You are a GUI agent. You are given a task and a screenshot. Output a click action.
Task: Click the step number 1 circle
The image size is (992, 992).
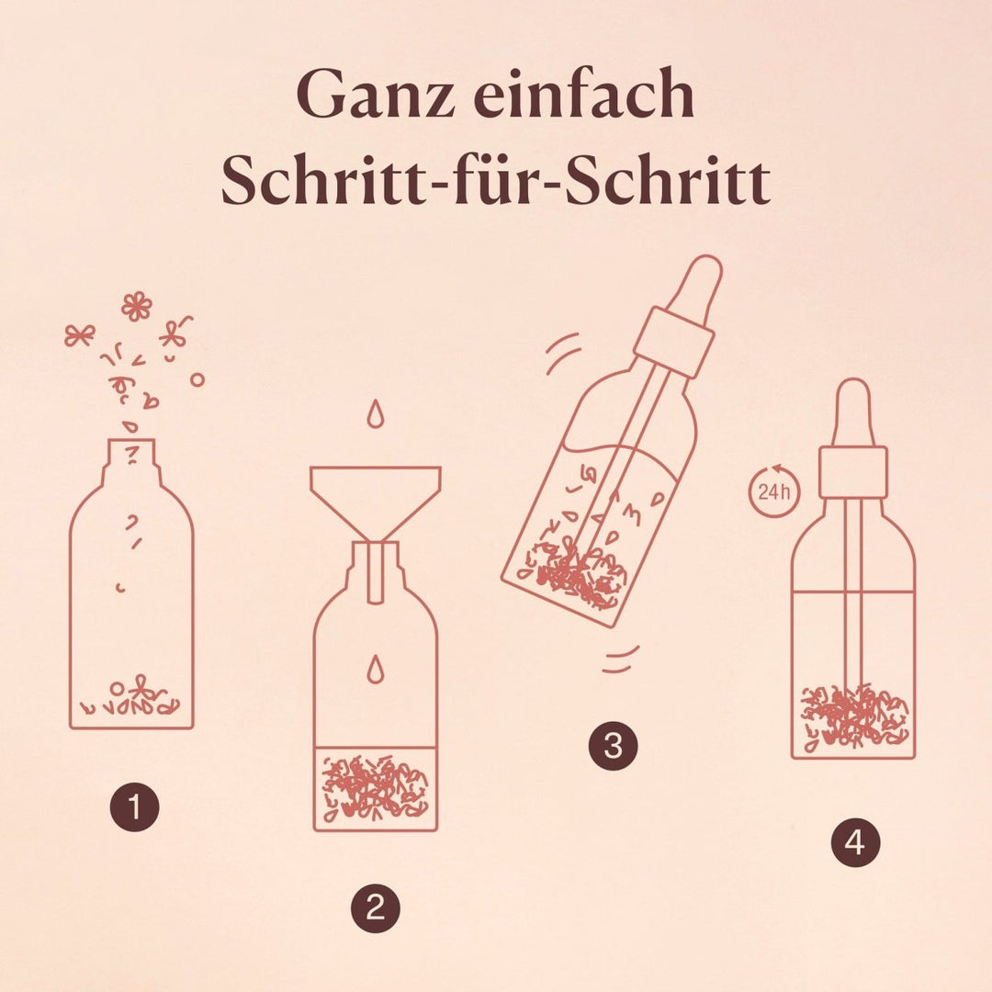pos(135,806)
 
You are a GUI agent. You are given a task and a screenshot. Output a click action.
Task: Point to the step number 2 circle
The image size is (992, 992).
pos(376,908)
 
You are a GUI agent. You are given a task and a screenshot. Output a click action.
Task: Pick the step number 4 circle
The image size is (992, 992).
pos(855,842)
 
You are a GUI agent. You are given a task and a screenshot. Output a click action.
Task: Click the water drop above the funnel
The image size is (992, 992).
pos(375,413)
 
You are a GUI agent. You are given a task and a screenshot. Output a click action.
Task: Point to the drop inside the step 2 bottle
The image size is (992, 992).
pos(376,670)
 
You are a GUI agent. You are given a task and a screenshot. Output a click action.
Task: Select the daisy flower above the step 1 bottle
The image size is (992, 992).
pos(137,307)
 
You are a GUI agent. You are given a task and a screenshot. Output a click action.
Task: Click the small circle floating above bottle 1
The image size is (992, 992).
pos(197,379)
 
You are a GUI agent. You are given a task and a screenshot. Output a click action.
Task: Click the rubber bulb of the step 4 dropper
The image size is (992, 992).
pos(853,413)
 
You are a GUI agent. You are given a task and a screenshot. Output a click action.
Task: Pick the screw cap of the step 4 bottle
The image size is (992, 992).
pos(853,472)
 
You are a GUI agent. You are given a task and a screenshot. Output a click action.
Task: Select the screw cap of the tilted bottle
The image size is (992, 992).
pos(674,343)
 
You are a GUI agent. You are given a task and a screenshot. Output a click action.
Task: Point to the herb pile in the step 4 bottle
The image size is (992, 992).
pos(855,715)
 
